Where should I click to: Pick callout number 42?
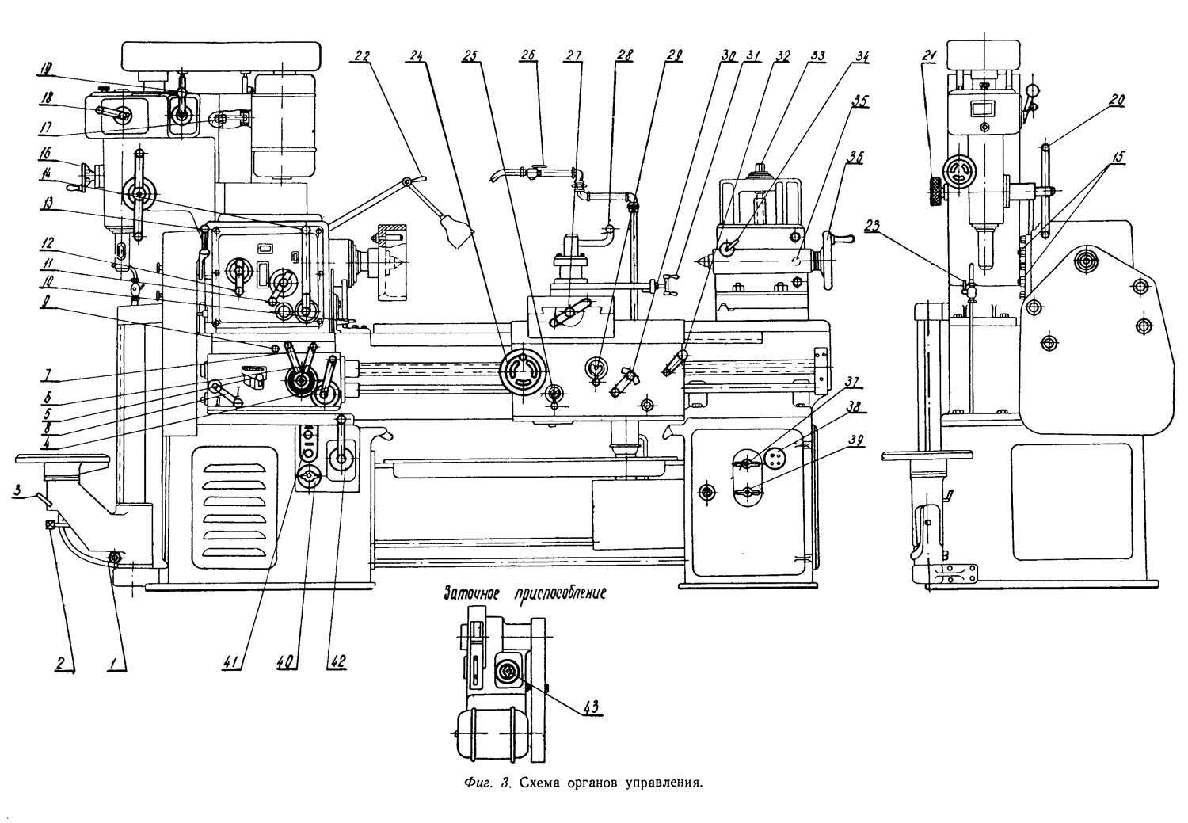pyautogui.click(x=339, y=661)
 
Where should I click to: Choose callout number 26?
pyautogui.click(x=529, y=55)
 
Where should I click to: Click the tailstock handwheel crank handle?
pyautogui.click(x=839, y=239)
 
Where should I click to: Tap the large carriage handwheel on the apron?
pyautogui.click(x=524, y=373)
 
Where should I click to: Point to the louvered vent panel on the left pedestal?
pyautogui.click(x=234, y=509)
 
